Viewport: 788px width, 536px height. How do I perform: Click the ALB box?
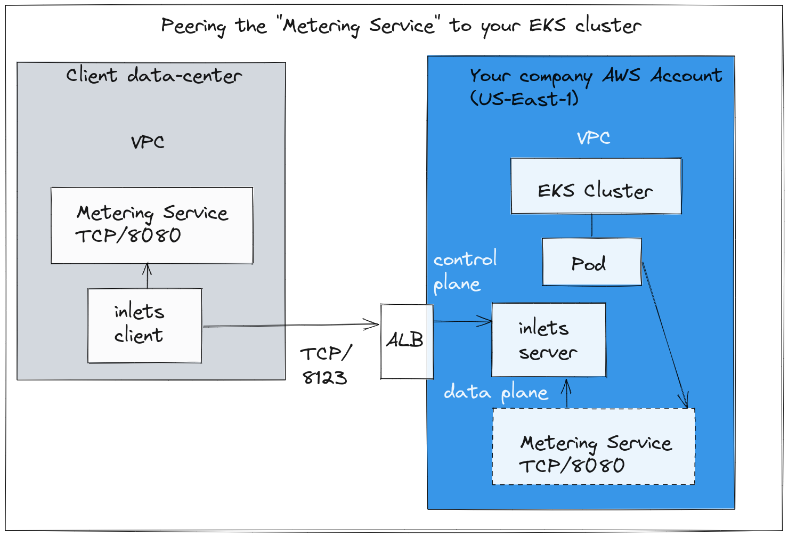tap(407, 342)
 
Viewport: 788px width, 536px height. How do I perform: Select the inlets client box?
tap(144, 326)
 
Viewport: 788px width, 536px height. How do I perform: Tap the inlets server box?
tap(549, 340)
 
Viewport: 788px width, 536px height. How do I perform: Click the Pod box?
tap(592, 262)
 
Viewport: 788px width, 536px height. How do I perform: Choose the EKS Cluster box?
tap(596, 186)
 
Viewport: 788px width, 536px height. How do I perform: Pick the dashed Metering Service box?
tap(594, 446)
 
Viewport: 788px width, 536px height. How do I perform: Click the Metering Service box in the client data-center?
tap(152, 225)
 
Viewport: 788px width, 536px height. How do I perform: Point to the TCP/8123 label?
tap(326, 366)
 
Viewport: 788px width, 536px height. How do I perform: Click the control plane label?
tap(465, 271)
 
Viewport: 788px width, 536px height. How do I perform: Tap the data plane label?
tap(495, 392)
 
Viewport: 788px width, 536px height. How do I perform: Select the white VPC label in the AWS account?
tap(594, 138)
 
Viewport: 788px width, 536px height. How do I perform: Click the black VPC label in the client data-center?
tap(148, 142)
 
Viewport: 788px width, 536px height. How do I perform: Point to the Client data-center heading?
tap(154, 75)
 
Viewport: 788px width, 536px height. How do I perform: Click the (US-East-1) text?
tap(524, 98)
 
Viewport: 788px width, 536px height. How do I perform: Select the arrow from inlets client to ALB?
tap(291, 326)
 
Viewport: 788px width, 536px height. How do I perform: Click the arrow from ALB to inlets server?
tap(463, 321)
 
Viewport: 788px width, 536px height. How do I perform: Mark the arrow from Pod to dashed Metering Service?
tap(665, 335)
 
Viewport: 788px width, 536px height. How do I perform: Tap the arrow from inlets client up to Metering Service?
tap(148, 275)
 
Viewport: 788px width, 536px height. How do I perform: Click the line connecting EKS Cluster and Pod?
tap(591, 226)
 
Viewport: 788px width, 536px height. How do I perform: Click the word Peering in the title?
tap(193, 27)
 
